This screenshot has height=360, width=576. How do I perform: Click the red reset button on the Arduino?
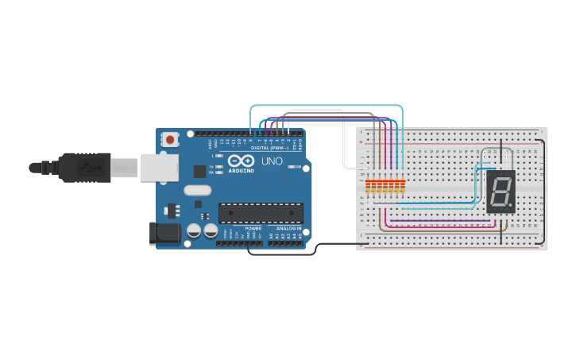click(x=169, y=139)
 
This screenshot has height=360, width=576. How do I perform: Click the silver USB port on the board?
click(x=159, y=168)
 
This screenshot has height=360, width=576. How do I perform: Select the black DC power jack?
click(x=164, y=233)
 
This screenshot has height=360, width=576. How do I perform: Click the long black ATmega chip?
click(x=261, y=213)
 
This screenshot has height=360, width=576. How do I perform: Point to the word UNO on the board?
click(x=272, y=161)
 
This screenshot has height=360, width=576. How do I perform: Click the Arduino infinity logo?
click(x=240, y=161)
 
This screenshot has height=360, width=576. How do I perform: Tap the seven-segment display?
click(x=501, y=192)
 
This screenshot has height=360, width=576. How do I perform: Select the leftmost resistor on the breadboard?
click(x=369, y=187)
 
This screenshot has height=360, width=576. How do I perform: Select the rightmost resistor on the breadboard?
click(x=402, y=187)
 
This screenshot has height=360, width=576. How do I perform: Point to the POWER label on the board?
click(x=253, y=228)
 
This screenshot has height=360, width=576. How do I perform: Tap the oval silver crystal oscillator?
click(x=197, y=190)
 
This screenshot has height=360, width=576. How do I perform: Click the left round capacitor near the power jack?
click(x=193, y=230)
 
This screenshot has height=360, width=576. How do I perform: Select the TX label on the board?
click(x=211, y=166)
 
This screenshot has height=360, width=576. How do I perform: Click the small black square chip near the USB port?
click(x=199, y=171)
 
